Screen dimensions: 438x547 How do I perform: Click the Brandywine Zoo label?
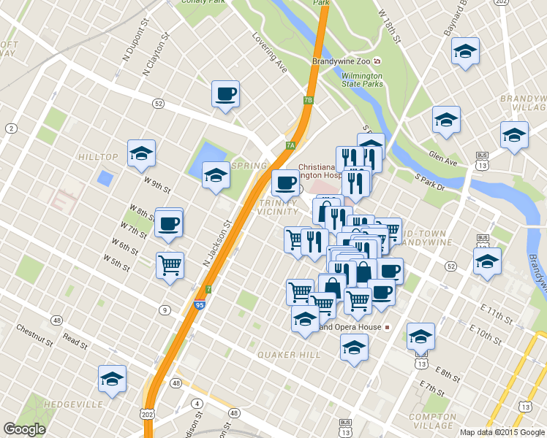[341, 61]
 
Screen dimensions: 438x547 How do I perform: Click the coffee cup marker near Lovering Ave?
[225, 94]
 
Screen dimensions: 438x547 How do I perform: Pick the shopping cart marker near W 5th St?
[170, 265]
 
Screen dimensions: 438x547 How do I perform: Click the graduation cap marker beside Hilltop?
[141, 153]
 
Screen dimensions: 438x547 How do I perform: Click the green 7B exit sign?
[309, 100]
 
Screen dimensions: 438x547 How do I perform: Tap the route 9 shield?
[165, 311]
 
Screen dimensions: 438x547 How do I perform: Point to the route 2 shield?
[11, 128]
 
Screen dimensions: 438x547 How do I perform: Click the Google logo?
[24, 429]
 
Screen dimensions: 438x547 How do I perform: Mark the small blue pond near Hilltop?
[105, 177]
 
